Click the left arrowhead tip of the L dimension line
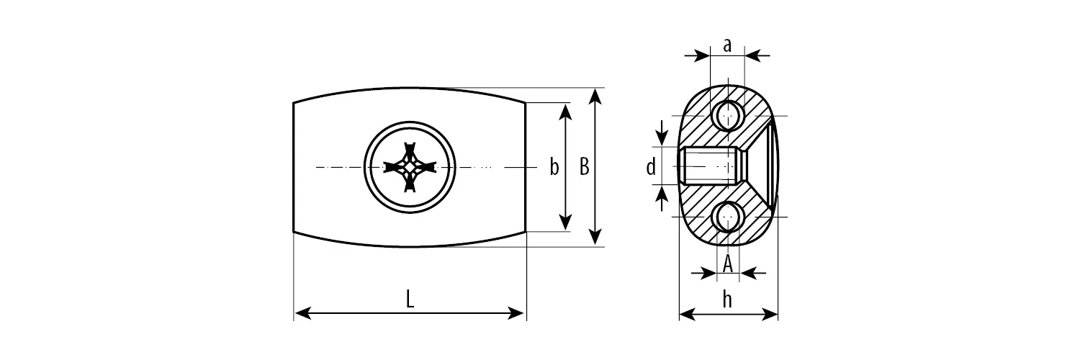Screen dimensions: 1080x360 pos(294,314)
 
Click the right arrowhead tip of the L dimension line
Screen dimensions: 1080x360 pos(525,314)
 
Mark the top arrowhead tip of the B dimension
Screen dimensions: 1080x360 pos(596,89)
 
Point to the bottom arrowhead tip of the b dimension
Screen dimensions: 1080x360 pos(565,230)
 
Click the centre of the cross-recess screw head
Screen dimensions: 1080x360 pos(410,167)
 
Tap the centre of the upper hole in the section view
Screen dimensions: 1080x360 pos(727,116)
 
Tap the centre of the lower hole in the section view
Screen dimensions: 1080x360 pos(727,217)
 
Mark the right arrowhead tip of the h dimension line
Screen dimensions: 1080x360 pos(778,315)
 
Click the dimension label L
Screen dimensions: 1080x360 pos(410,299)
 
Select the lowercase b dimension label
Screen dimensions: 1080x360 pos(554,167)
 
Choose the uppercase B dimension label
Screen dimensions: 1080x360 pos(584,167)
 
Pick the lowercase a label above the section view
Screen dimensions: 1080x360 pos(727,45)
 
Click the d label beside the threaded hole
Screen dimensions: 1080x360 pos(651,167)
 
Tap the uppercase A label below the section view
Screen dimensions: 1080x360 pos(727,264)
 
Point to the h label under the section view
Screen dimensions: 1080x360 pos(727,300)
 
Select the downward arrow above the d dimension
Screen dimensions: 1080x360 pos(663,132)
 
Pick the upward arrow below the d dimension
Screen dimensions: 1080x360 pos(663,198)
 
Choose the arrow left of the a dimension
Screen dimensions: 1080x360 pos(697,56)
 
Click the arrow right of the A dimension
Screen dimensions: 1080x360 pos(752,274)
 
